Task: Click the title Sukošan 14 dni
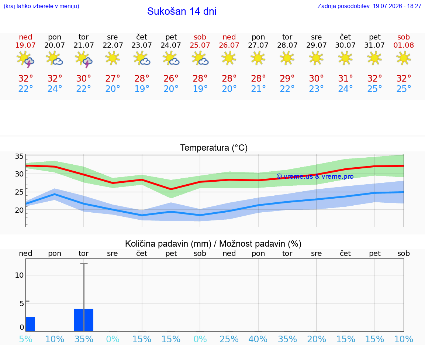click(182, 11)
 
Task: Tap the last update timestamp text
click(369, 6)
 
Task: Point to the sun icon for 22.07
click(113, 58)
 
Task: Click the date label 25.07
click(200, 45)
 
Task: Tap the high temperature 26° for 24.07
click(171, 79)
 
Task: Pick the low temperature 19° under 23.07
click(142, 89)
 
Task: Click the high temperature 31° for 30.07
click(345, 79)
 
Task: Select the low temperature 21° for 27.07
click(258, 89)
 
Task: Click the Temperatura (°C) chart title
click(214, 148)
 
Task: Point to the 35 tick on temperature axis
click(19, 156)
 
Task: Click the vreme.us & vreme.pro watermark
click(315, 176)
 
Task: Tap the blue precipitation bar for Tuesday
click(84, 320)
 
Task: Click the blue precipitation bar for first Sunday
click(30, 324)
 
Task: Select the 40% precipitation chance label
click(258, 339)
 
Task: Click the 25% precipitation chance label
click(229, 339)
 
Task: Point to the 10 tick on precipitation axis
click(19, 275)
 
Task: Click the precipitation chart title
click(213, 244)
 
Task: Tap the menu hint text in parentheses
click(41, 6)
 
